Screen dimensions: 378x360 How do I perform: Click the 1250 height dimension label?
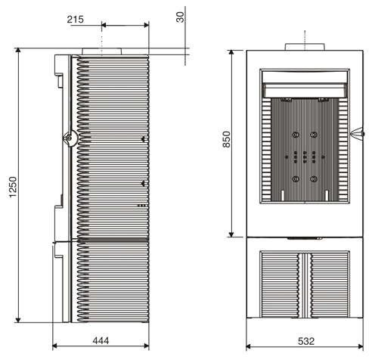tap(13, 187)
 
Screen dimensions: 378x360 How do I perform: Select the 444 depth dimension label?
tap(101, 341)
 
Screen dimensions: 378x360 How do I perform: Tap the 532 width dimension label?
tap(306, 341)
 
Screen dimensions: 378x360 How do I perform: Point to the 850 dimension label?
tap(227, 139)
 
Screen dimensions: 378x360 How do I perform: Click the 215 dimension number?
tap(76, 20)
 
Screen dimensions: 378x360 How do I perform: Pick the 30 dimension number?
tap(180, 17)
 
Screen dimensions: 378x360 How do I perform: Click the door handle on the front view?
tap(358, 133)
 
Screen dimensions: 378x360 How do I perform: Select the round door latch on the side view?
tap(70, 138)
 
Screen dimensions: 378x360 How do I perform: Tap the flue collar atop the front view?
tap(305, 47)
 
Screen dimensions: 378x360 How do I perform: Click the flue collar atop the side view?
tap(102, 51)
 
